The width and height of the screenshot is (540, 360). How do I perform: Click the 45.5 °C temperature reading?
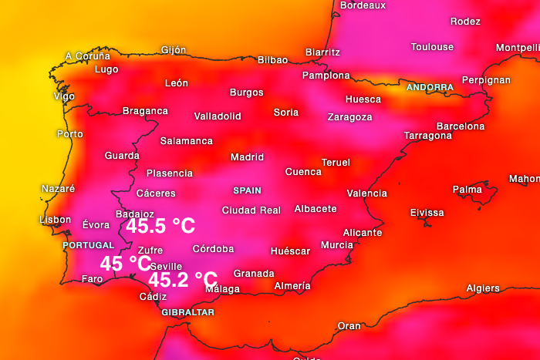point(160,226)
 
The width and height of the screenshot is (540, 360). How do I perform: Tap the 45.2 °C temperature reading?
point(183,279)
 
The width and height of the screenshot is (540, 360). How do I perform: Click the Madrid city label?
point(247,157)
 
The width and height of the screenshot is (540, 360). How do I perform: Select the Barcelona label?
point(461,126)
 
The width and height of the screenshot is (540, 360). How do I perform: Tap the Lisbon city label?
point(55,220)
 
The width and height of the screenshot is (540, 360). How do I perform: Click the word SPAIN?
point(247,190)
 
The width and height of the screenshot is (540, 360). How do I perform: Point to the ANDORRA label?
point(430,87)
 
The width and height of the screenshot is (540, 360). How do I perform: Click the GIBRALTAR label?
point(187,312)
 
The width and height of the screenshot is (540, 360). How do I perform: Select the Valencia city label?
point(367,193)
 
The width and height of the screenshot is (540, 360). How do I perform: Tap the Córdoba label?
point(213,249)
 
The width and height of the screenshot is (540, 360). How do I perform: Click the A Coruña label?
point(87,56)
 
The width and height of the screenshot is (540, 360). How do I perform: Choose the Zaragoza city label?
point(349,117)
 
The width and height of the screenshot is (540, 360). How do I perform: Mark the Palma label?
point(467,189)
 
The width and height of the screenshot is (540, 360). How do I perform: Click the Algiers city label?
point(483,288)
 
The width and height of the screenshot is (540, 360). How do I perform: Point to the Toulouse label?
point(432,47)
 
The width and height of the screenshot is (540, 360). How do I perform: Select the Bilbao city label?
point(272,60)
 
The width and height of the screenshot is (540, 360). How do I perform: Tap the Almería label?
point(292,286)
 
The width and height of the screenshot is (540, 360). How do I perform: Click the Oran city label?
point(349,326)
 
